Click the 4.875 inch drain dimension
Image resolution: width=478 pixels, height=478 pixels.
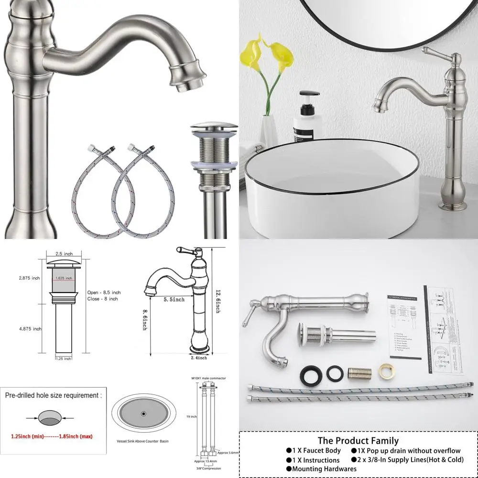pyautogui.click(x=30, y=328)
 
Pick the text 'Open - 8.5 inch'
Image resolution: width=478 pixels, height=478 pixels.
pyautogui.click(x=104, y=292)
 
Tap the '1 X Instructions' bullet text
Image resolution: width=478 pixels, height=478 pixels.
pyautogui.click(x=316, y=460)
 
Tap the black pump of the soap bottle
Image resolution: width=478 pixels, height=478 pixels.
pyautogui.click(x=306, y=94)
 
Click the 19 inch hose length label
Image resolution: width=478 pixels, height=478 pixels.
pyautogui.click(x=191, y=416)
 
